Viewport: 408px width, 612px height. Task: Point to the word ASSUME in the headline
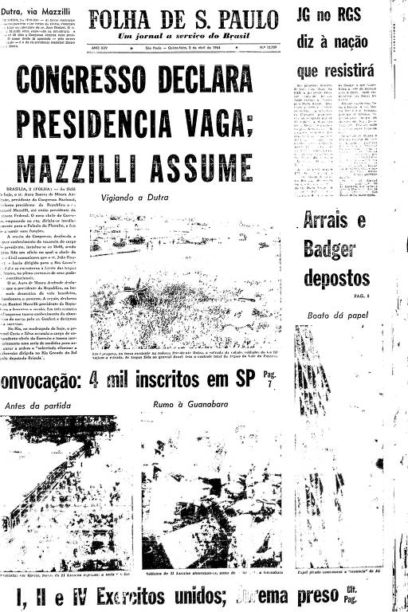pos(214,170)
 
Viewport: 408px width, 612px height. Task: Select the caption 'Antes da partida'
pos(37,406)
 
